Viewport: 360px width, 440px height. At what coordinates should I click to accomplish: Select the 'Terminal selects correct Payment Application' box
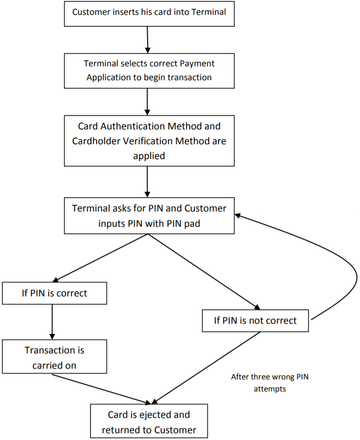pyautogui.click(x=149, y=70)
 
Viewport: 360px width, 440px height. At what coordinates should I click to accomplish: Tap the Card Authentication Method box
pyautogui.click(x=149, y=140)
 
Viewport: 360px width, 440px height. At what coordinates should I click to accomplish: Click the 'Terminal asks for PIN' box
pyautogui.click(x=149, y=216)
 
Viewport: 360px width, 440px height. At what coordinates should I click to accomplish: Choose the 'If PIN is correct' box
pyautogui.click(x=54, y=293)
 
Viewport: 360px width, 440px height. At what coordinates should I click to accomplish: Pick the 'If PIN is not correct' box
pyautogui.click(x=255, y=320)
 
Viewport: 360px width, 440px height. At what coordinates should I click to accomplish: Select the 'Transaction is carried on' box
pyautogui.click(x=54, y=357)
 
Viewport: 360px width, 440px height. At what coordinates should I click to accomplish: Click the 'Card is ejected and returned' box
pyautogui.click(x=149, y=422)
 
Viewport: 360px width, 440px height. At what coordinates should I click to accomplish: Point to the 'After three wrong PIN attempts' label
pyautogui.click(x=270, y=383)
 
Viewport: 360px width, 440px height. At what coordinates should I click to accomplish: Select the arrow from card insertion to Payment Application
pyautogui.click(x=148, y=39)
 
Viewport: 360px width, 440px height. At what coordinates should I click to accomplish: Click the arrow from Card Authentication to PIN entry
pyautogui.click(x=148, y=182)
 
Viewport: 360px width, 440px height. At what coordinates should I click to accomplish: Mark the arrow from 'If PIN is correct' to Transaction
pyautogui.click(x=51, y=321)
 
